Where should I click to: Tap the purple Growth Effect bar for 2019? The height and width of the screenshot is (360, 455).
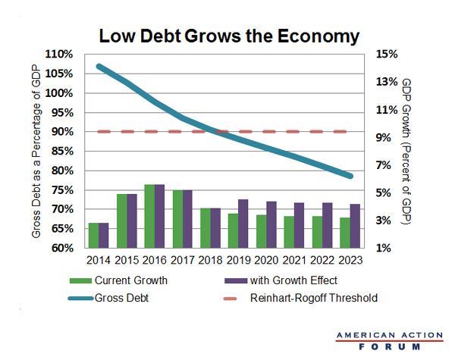point(242,224)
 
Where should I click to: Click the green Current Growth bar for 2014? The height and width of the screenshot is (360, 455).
point(93,235)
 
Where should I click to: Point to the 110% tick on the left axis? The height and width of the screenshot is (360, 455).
point(60,55)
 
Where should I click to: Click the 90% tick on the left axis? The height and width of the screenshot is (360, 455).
point(62,132)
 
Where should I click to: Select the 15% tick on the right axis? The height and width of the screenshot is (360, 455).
point(387,55)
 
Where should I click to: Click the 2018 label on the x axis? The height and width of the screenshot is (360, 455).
point(210,260)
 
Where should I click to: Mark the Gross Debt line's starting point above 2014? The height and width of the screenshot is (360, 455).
point(99,67)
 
